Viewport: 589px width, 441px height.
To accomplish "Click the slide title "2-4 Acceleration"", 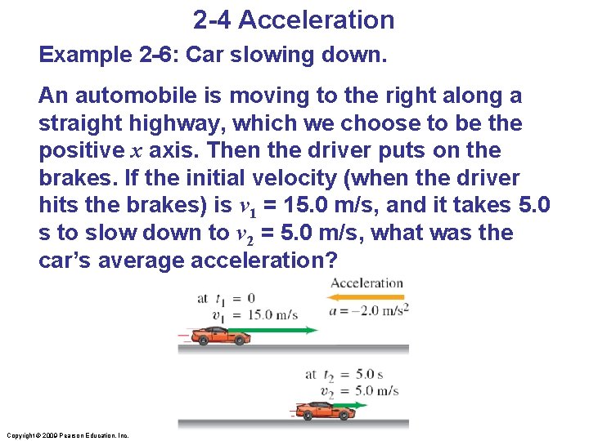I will click(x=294, y=20).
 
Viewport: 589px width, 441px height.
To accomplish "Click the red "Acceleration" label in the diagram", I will click(x=366, y=283).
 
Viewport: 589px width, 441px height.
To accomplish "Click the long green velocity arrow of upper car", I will click(x=274, y=331).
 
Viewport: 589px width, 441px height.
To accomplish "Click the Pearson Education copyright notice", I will click(x=66, y=435).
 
